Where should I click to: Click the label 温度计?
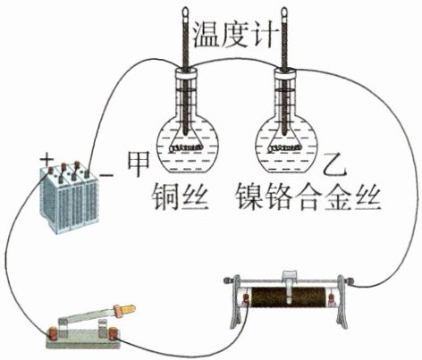(233, 35)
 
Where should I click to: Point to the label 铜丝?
(180, 197)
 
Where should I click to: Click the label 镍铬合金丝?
(308, 197)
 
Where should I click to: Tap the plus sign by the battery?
(46, 160)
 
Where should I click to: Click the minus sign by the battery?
(106, 175)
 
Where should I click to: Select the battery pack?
(69, 197)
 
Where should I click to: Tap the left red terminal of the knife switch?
(53, 333)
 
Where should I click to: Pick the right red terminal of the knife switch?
(113, 333)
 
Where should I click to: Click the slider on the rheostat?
(290, 285)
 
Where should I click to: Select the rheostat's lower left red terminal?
(247, 298)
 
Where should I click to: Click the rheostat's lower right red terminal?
(332, 298)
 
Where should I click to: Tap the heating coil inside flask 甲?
(187, 147)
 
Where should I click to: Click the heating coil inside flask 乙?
(285, 147)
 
